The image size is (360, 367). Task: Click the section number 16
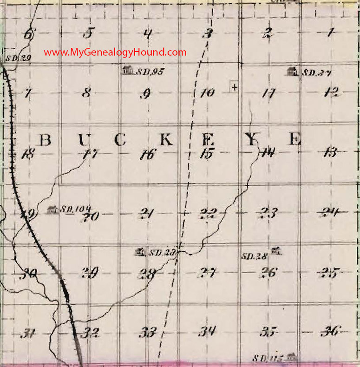tap(149, 155)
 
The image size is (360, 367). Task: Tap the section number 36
tap(331, 332)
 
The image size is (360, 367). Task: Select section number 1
tap(330, 33)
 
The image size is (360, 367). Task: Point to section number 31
tap(29, 334)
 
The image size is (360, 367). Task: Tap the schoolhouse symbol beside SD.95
tap(127, 71)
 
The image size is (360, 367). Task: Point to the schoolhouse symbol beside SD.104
tap(52, 210)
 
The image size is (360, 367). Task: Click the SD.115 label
tap(268, 358)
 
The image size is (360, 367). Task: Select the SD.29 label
tap(9, 59)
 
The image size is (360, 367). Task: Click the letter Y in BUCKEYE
tap(251, 139)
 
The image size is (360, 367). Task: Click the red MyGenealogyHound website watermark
tap(115, 52)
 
